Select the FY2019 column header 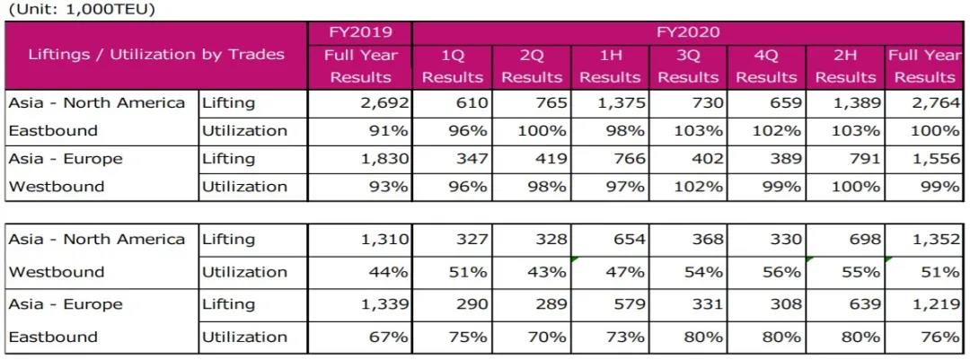point(362,31)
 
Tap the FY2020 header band point(688,31)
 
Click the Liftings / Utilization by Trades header point(156,54)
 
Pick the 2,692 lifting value point(384,102)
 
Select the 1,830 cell point(384,159)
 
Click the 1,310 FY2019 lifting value point(384,240)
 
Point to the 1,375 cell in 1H point(622,102)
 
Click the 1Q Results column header point(453,66)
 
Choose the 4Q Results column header point(766,66)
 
